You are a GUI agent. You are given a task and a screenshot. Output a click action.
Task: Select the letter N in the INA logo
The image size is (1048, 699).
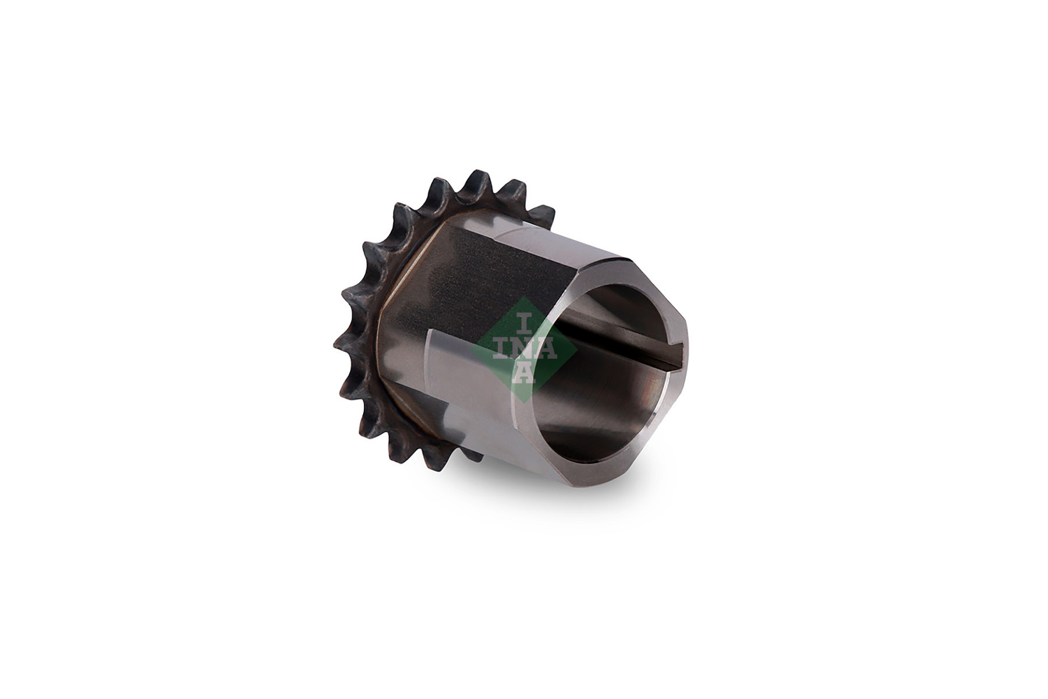(x=525, y=348)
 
